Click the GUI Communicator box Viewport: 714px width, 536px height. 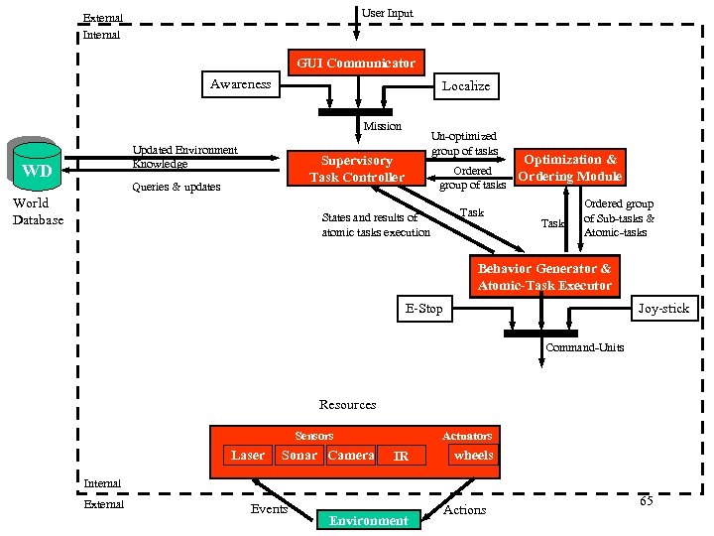[356, 63]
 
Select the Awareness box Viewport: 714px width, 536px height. [240, 84]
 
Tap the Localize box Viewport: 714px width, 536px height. [465, 86]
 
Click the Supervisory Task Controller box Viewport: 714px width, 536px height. [357, 168]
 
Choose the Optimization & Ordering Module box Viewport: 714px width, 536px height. [570, 167]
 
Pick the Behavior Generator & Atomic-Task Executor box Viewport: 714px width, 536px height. [544, 277]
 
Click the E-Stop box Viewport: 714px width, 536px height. [424, 309]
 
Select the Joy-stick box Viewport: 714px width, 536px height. [663, 309]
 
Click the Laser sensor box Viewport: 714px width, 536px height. [247, 456]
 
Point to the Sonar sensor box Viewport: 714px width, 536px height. [299, 456]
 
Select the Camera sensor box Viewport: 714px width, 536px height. [351, 456]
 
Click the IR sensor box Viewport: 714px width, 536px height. [401, 457]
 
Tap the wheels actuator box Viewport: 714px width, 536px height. [473, 456]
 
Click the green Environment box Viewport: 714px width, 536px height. [368, 520]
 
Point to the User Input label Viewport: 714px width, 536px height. [387, 13]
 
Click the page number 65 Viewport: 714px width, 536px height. [646, 501]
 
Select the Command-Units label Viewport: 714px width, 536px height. [585, 347]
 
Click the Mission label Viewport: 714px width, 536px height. [383, 126]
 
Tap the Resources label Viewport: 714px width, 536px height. [347, 405]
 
